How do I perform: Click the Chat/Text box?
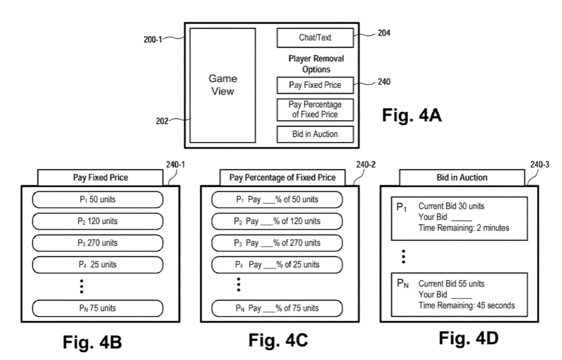click(315, 38)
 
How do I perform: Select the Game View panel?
click(223, 85)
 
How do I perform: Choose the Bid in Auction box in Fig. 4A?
click(315, 134)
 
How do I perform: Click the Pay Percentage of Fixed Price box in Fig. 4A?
click(315, 110)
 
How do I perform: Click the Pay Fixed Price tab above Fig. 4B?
click(100, 178)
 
